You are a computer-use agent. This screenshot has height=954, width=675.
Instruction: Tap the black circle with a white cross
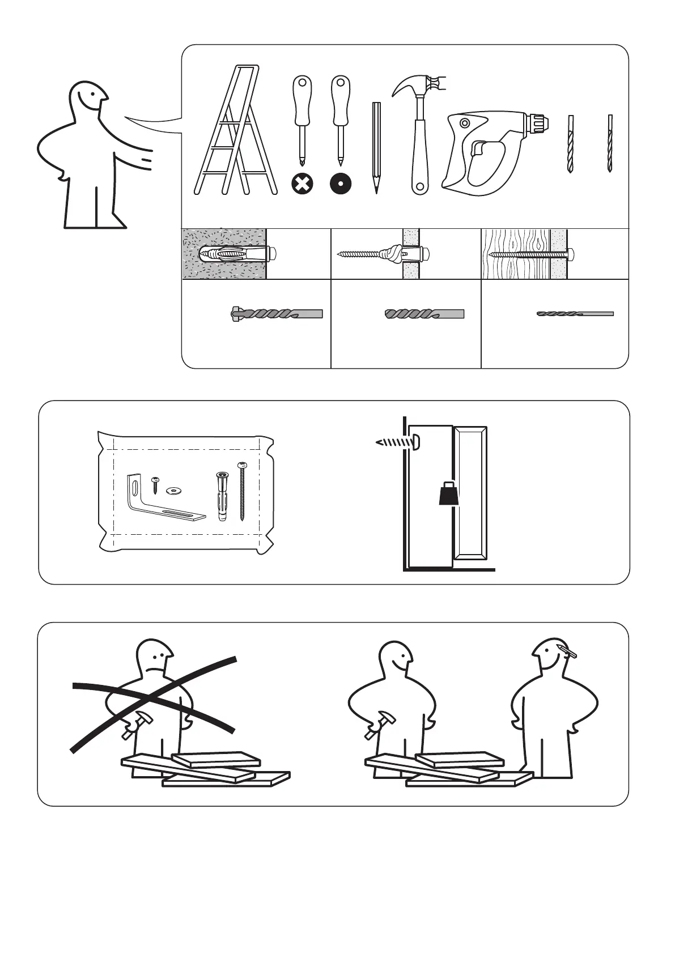[302, 184]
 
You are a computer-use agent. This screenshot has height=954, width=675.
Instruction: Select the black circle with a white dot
[341, 184]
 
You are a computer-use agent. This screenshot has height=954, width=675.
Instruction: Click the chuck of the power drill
[536, 121]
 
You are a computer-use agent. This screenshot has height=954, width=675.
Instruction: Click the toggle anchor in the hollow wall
[391, 253]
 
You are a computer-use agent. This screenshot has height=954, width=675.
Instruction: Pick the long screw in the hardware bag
[243, 491]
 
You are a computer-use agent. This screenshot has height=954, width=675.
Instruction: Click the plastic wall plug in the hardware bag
[220, 496]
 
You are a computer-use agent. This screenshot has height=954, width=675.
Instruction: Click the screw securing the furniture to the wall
[397, 442]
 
